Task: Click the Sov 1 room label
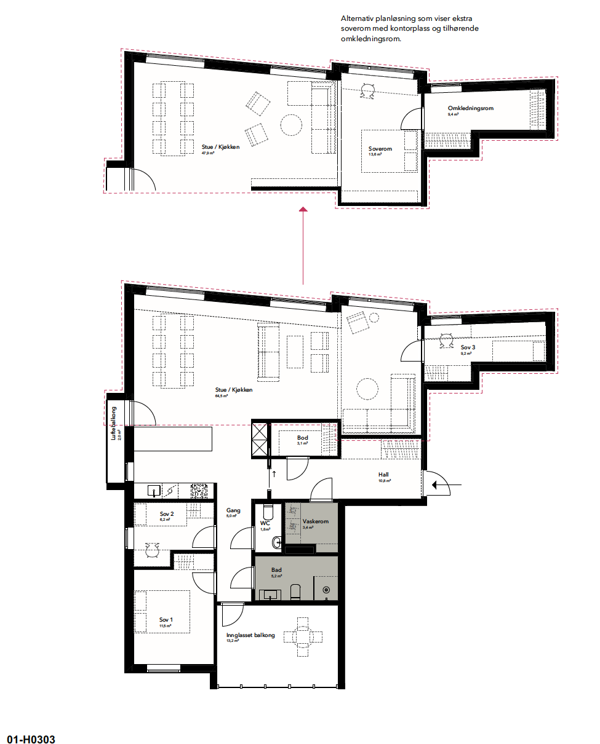coord(165,619)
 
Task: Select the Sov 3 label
coord(468,347)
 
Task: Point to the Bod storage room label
coord(302,438)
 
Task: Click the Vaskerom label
coord(315,521)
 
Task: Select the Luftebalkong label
coord(113,424)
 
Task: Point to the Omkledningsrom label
coord(470,108)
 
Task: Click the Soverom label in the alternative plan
coord(380,149)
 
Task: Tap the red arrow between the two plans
coord(303,246)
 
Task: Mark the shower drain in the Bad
coord(326,590)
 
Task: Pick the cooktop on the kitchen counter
coord(200,490)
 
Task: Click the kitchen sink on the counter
coord(154,490)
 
